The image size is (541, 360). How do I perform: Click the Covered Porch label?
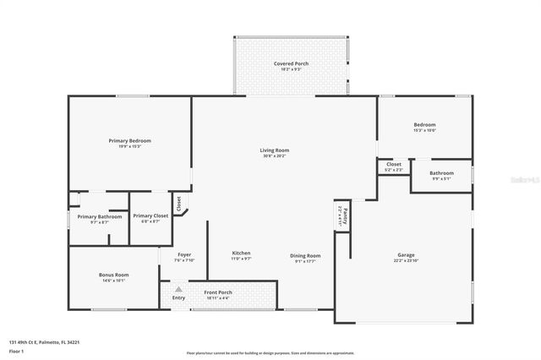pos(291,63)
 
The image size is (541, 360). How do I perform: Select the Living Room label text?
pos(275,150)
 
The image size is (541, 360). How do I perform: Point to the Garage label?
pos(406,254)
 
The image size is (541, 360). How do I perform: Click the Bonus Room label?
pos(113,275)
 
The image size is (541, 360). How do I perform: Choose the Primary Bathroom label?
pos(100,216)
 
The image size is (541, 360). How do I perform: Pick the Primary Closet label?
pos(150,216)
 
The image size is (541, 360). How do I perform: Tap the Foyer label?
pos(184,254)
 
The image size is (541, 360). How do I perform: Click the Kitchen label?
pos(241,253)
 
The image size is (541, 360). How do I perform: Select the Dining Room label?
pos(306,254)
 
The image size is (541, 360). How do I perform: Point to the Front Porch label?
pos(218,292)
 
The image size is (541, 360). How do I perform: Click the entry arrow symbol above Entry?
pos(178,289)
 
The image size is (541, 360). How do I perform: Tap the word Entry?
pos(178,297)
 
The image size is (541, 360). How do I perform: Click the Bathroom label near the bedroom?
pos(441,173)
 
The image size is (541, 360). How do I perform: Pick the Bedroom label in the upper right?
pos(424,124)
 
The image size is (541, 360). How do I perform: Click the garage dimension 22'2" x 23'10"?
pos(406,260)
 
